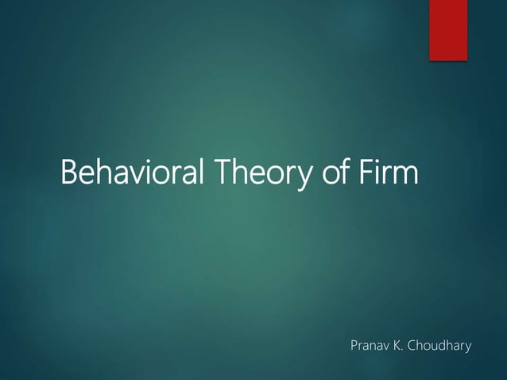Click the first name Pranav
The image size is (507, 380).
click(x=370, y=347)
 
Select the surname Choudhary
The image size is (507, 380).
click(x=440, y=347)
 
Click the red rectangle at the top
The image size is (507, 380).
click(x=448, y=29)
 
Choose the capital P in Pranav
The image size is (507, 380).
click(x=354, y=347)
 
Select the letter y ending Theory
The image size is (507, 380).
click(x=304, y=176)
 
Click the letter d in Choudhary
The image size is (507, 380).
click(x=445, y=347)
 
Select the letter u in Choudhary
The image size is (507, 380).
click(x=436, y=348)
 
